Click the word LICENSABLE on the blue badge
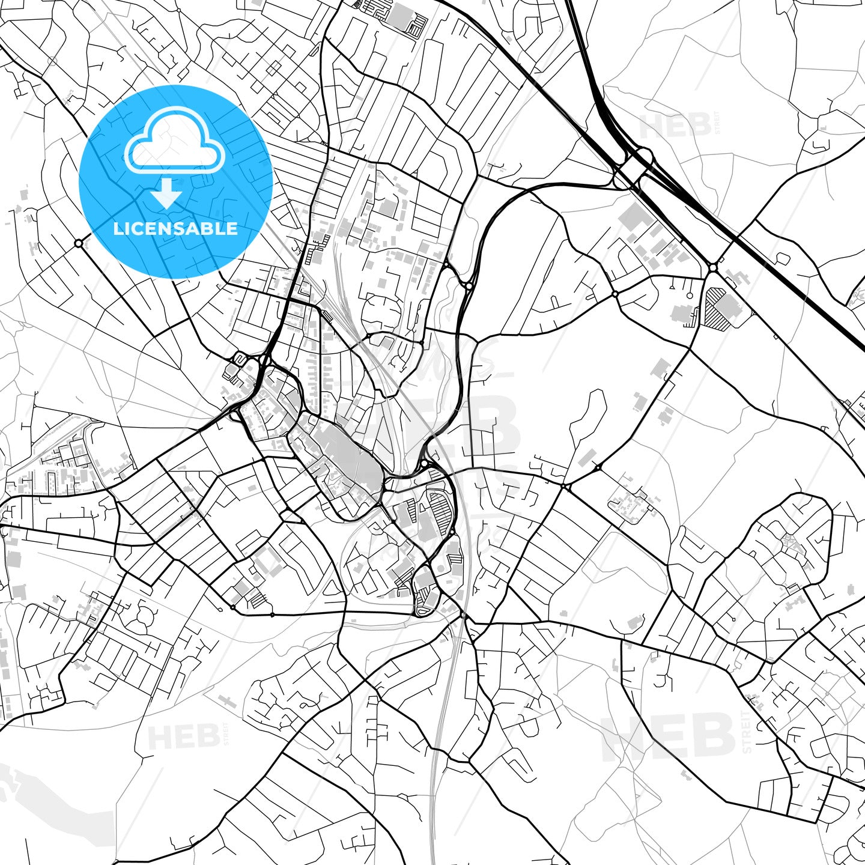[x=175, y=228]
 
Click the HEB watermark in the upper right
[x=676, y=126]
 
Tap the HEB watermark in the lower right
[x=668, y=736]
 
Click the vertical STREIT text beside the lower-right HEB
[x=747, y=732]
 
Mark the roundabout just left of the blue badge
[x=79, y=243]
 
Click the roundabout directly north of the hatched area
[x=713, y=267]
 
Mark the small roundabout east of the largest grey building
[x=424, y=464]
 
